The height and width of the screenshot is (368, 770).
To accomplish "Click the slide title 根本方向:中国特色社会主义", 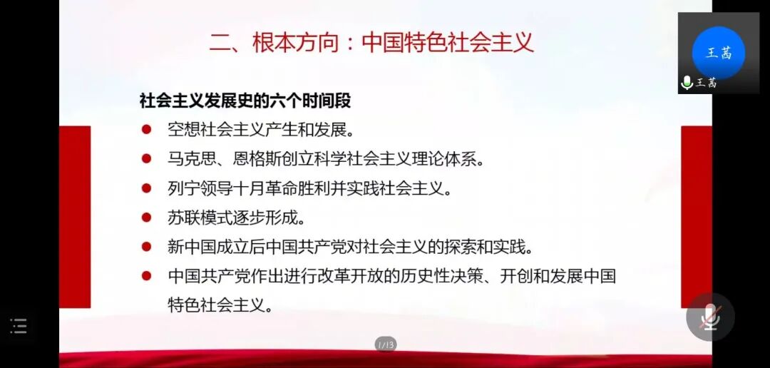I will click(x=371, y=42).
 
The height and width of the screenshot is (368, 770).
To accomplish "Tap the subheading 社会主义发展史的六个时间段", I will click(x=245, y=101).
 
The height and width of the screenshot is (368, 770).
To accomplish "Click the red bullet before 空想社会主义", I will click(x=146, y=130).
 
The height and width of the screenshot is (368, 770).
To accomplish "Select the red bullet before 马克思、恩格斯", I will click(x=146, y=159).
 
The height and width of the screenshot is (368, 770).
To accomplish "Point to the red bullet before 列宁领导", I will click(x=146, y=188).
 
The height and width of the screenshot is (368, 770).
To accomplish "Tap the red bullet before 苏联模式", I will click(x=146, y=218).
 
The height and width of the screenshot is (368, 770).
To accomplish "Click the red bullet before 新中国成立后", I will click(x=146, y=247).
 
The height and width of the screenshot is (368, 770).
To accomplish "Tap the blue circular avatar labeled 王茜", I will click(x=718, y=52).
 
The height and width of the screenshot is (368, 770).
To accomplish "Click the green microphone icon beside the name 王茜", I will click(x=687, y=83).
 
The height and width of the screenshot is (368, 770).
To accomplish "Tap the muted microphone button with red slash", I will click(x=709, y=317).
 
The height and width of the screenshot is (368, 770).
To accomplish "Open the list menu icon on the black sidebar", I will click(x=19, y=327).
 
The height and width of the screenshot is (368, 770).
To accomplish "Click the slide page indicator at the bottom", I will click(x=385, y=345).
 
